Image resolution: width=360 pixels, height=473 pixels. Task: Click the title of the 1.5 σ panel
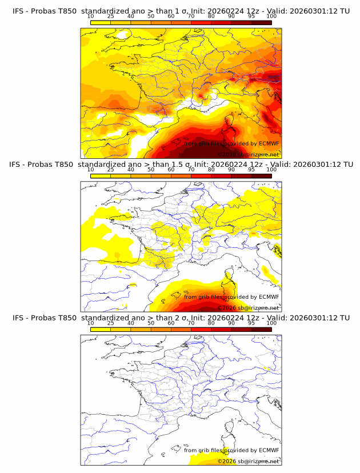181,165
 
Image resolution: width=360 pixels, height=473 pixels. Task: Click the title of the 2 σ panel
181,318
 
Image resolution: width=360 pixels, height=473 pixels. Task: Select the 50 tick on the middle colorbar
151,170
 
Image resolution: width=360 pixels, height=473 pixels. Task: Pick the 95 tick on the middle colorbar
251,170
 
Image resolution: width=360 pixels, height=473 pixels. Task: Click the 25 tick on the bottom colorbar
111,323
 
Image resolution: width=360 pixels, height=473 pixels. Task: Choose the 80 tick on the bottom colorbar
211,323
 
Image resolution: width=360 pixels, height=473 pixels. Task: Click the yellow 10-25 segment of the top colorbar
101,23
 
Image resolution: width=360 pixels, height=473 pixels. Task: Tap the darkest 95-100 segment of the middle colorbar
261,175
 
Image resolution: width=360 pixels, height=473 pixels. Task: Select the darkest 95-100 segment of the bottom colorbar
261,329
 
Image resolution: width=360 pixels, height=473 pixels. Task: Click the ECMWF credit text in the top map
231,144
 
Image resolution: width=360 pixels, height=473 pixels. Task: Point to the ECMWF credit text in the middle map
231,297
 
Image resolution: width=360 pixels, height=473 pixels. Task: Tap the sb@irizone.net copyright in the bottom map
249,461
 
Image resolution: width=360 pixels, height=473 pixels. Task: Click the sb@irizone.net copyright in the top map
249,154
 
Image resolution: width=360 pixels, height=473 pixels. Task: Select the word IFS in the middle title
19,165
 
